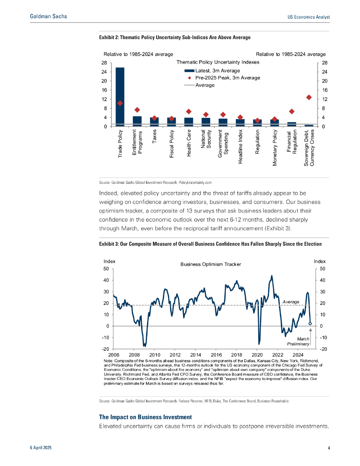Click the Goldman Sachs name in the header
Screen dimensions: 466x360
pyautogui.click(x=48, y=16)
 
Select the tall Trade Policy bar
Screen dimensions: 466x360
pyautogui.click(x=120, y=96)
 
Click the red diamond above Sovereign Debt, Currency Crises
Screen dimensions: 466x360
pyautogui.click(x=309, y=97)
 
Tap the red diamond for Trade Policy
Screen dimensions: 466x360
pyautogui.click(x=120, y=103)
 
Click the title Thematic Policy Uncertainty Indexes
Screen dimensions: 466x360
pyautogui.click(x=218, y=62)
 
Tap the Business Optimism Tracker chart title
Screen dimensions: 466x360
pyautogui.click(x=211, y=264)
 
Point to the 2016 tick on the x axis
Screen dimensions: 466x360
pyautogui.click(x=216, y=354)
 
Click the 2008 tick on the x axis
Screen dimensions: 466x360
pyautogui.click(x=134, y=354)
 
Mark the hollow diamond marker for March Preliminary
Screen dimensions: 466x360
pyautogui.click(x=310, y=324)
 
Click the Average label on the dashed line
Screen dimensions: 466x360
pyautogui.click(x=291, y=302)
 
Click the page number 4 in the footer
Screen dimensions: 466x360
pyautogui.click(x=329, y=448)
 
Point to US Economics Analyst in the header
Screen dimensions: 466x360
pyautogui.click(x=309, y=17)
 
